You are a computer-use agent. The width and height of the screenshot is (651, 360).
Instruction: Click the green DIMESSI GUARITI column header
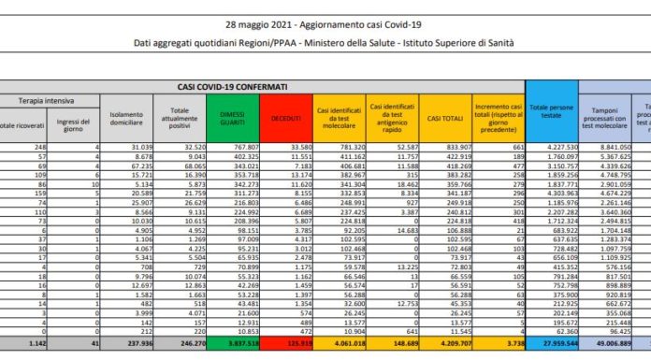tap(238, 116)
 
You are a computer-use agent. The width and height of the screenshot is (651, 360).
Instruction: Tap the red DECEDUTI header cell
tap(288, 116)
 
